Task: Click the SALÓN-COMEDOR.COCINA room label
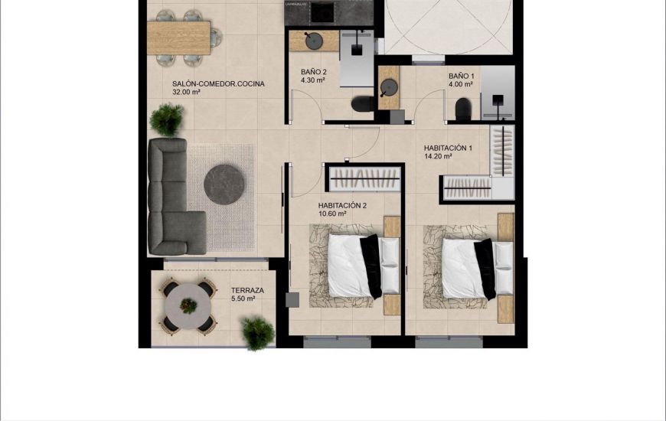point(218,84)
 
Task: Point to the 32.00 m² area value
point(186,93)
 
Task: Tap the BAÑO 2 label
point(313,72)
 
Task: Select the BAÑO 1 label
point(462,76)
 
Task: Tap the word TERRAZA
point(247,291)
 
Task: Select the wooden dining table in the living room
point(178,37)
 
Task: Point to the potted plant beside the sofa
point(167,119)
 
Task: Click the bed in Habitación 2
point(356,265)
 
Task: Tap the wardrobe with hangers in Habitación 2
point(364,180)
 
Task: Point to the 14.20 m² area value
point(437,157)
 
